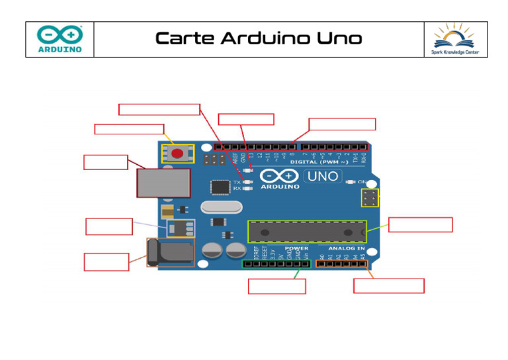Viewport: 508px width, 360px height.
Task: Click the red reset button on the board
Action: [x=177, y=154]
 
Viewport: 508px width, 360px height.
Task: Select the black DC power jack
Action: [x=169, y=253]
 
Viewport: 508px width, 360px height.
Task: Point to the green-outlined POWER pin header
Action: [x=276, y=264]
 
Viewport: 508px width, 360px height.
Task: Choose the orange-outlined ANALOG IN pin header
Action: [x=341, y=264]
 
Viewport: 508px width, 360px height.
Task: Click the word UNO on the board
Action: [x=322, y=177]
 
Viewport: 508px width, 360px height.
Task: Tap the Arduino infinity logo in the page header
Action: [x=60, y=34]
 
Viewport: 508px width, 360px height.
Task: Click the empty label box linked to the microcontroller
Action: [x=420, y=224]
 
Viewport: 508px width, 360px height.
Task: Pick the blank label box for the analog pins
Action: [x=388, y=286]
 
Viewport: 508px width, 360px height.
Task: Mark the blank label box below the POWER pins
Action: [x=276, y=287]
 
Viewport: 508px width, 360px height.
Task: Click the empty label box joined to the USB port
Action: [x=106, y=162]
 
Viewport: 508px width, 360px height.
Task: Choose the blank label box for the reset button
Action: [x=129, y=129]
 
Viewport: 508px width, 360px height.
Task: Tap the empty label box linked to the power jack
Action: [x=106, y=261]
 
